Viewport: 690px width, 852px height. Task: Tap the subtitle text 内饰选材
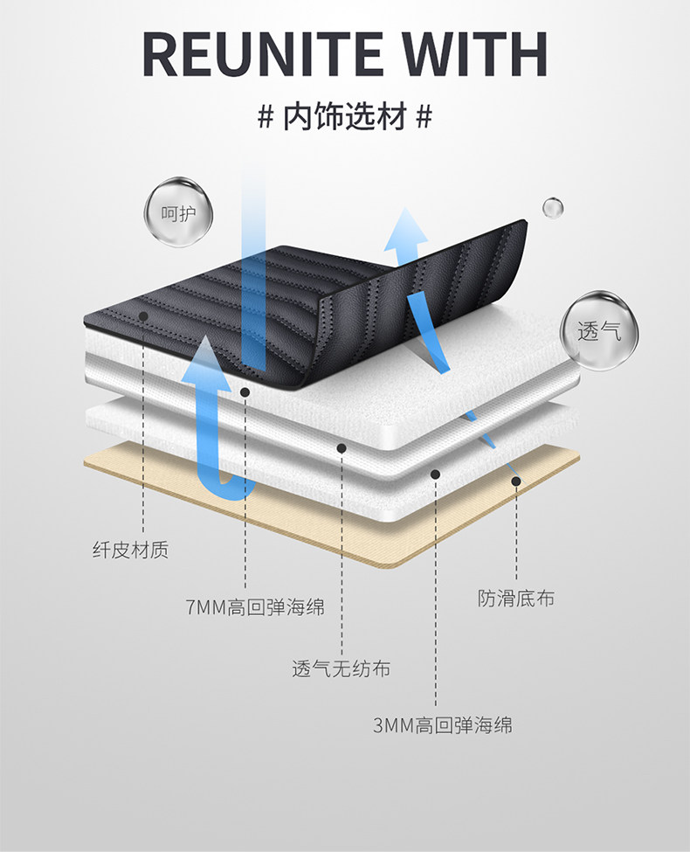(x=345, y=116)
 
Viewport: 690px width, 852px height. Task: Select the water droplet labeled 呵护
(x=179, y=212)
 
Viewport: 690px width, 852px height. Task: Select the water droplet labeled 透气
(x=598, y=331)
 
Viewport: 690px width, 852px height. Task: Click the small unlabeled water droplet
(x=552, y=208)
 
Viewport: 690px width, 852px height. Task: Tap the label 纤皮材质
(x=130, y=550)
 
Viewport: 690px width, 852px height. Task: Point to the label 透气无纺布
(x=341, y=669)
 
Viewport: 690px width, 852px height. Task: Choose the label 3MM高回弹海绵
(x=442, y=724)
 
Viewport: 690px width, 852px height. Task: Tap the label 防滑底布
(x=515, y=599)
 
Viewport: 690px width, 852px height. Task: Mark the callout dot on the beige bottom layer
(x=516, y=481)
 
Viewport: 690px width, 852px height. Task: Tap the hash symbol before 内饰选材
(x=266, y=117)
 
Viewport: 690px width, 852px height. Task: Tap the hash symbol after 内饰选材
(x=424, y=117)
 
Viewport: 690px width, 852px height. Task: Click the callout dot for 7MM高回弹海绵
(x=245, y=393)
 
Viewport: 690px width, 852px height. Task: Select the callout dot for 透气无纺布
(x=342, y=447)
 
